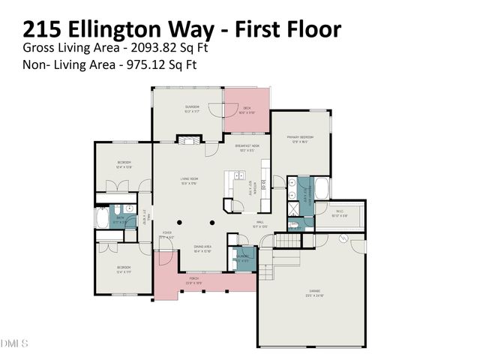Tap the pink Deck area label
pyautogui.click(x=246, y=108)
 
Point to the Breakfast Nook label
pyautogui.click(x=247, y=145)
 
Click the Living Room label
pyautogui.click(x=188, y=178)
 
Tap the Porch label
pyautogui.click(x=193, y=278)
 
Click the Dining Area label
pyautogui.click(x=202, y=247)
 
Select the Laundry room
pyautogui.click(x=242, y=257)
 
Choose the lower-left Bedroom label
pyautogui.click(x=124, y=268)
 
